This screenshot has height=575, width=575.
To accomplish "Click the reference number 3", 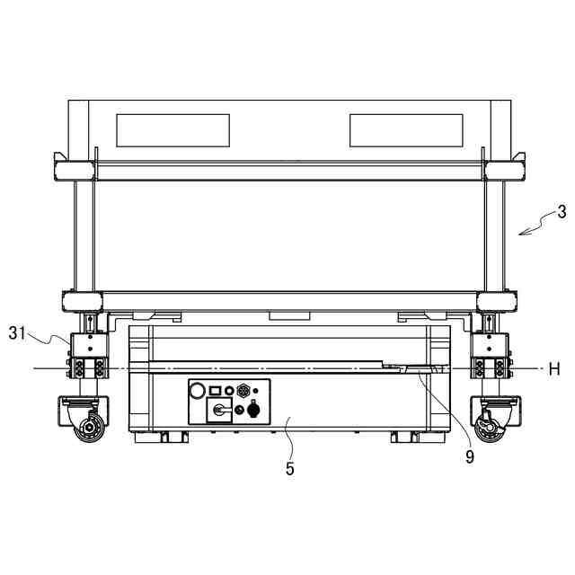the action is click(562, 212).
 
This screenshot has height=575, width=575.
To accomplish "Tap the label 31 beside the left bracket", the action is click(17, 333).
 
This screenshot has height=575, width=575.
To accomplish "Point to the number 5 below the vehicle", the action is click(289, 469).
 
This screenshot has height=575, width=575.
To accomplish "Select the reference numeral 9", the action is click(470, 456).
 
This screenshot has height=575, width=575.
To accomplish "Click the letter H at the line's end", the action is click(554, 368).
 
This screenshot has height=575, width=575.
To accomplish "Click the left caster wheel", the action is click(89, 428).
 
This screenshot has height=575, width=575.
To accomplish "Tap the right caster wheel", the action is click(490, 428).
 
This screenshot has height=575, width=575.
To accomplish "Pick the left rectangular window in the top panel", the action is click(173, 130).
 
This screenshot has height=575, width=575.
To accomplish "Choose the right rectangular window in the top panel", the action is click(406, 130).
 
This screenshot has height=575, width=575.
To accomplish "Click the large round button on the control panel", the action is click(197, 390).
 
